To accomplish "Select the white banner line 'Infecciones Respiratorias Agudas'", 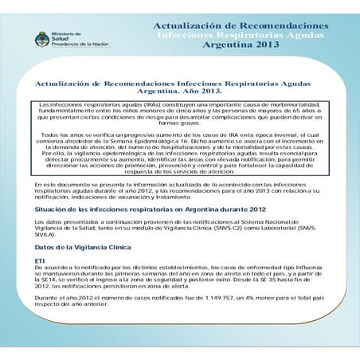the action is click(241, 35).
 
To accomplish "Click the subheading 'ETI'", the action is click(40, 261).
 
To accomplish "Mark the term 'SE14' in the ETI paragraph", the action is click(53, 281).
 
